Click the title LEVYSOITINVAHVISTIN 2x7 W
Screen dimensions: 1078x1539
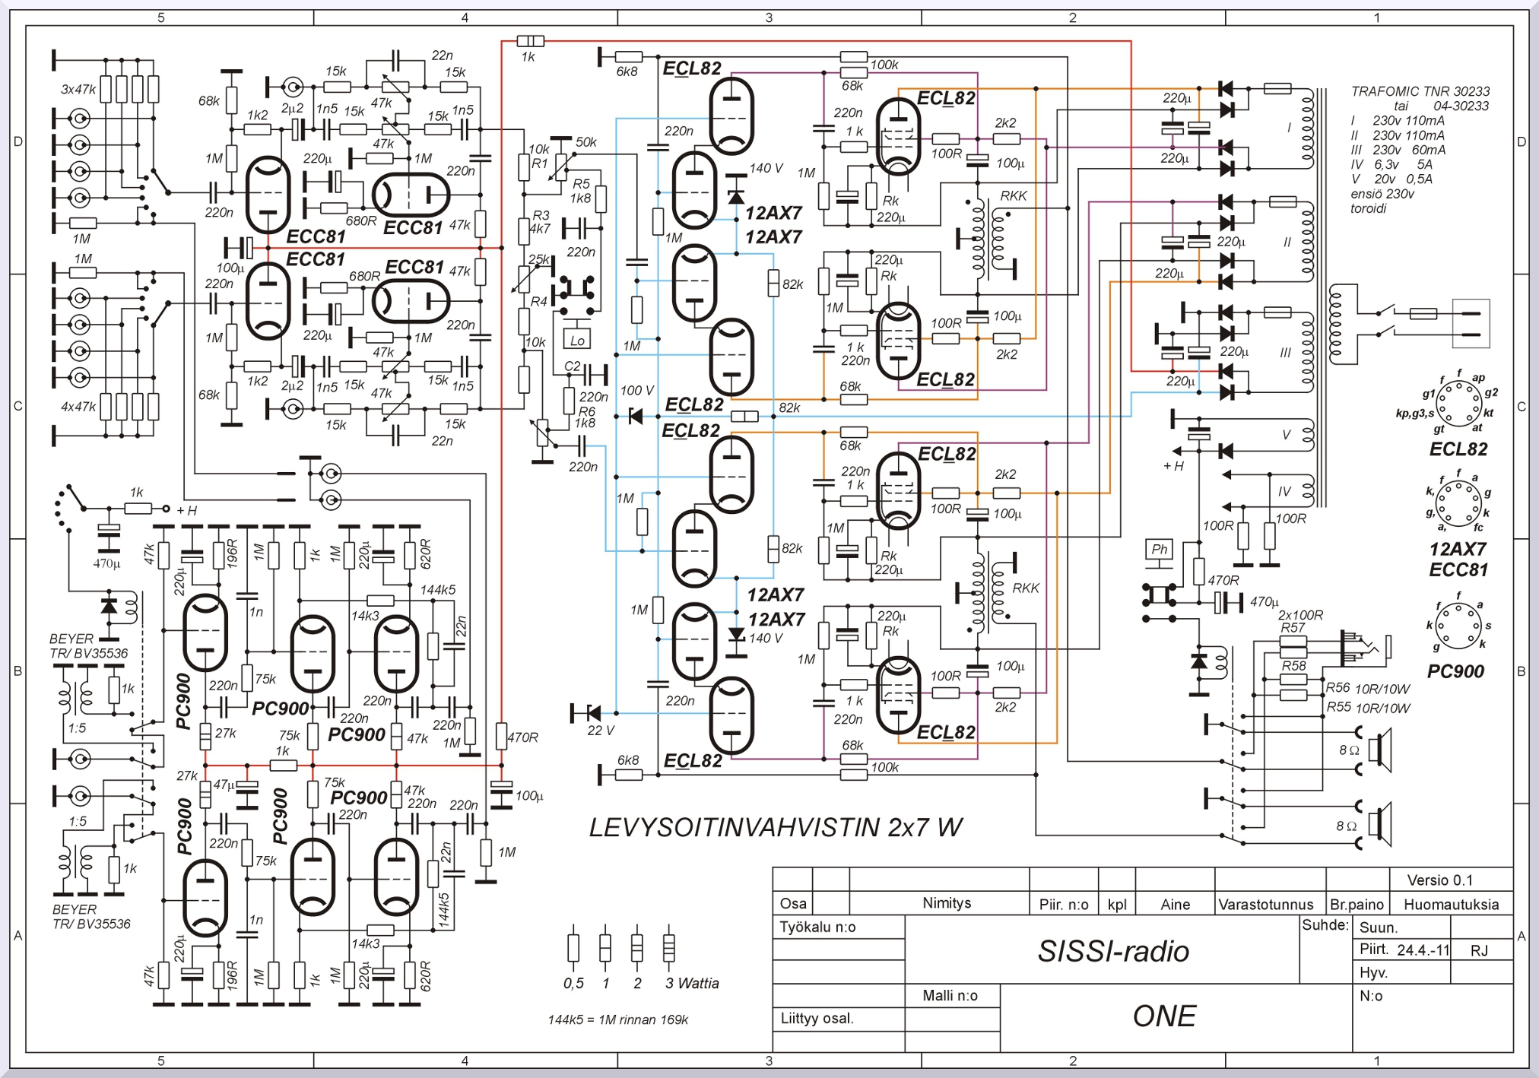[x=776, y=827]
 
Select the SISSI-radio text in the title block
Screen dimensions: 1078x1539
[x=1113, y=951]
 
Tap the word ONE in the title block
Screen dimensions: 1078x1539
[x=1164, y=1016]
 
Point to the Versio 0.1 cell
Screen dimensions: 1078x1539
[x=1439, y=880]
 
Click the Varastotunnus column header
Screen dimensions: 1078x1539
[x=1266, y=904]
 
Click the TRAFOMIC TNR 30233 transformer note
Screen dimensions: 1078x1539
[x=1420, y=91]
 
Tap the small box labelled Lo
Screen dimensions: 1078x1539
[x=577, y=340]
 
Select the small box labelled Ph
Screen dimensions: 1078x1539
[x=1159, y=549]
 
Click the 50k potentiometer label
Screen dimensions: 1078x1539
[x=586, y=142]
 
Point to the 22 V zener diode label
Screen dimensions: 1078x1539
[x=601, y=731]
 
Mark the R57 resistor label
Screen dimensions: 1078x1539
[x=1292, y=628]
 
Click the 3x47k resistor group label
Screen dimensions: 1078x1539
[x=78, y=90]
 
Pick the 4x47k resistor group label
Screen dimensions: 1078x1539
[x=78, y=407]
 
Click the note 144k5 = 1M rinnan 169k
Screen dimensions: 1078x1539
[x=617, y=1019]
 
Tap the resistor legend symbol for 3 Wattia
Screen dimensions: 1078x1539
[x=668, y=947]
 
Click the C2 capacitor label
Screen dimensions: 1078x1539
[x=573, y=366]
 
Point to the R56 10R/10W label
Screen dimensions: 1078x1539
[x=1367, y=689]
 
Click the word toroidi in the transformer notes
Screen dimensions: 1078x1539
[x=1368, y=208]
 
